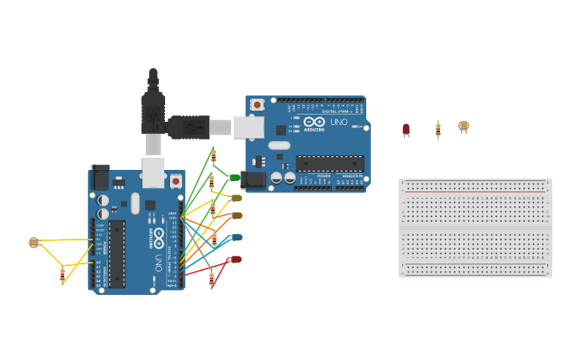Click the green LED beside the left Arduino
coord(235,178)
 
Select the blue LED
coord(236,237)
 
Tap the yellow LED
coord(236,198)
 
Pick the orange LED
coord(236,216)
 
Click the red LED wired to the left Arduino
coord(236,259)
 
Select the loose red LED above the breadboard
coord(406,129)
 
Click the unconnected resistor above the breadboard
coord(438,129)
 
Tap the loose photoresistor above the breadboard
coord(464,127)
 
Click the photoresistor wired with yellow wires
coord(34,242)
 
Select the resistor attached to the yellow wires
coord(63,274)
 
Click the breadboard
coord(475,228)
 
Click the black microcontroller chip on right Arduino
coord(329,163)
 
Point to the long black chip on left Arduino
coord(117,254)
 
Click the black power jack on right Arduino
coord(255,179)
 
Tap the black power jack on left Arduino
coord(100,177)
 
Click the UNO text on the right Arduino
coord(339,123)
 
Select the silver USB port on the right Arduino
coord(248,127)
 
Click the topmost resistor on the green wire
coord(213,155)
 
